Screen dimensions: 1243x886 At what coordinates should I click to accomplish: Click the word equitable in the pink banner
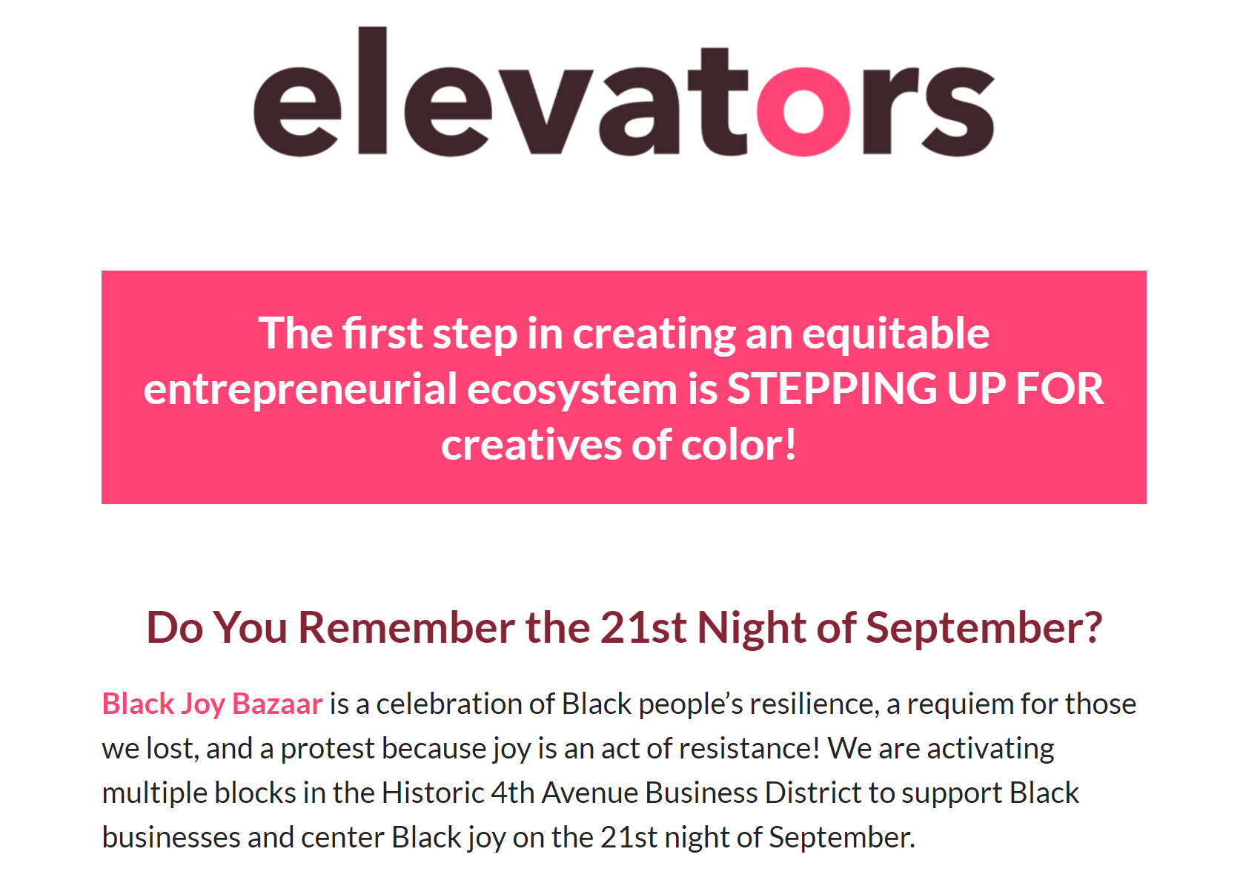tap(895, 334)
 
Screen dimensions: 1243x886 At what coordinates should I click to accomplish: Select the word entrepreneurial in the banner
tap(300, 391)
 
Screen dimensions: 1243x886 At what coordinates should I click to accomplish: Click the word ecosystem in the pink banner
tap(572, 391)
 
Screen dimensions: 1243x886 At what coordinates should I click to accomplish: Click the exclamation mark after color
tap(791, 444)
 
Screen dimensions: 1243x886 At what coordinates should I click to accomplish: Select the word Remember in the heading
tap(406, 628)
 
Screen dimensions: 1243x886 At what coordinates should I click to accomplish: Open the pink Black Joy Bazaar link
tap(213, 704)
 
